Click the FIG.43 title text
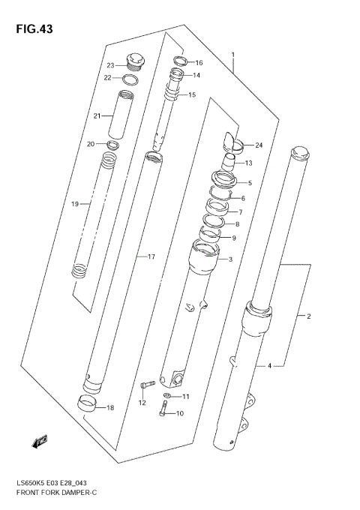31,28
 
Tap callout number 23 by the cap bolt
109,64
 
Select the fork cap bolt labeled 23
136,59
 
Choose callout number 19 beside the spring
74,203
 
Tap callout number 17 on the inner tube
151,257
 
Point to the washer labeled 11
166,396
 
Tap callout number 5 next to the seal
250,183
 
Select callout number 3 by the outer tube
230,259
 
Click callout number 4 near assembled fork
268,366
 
